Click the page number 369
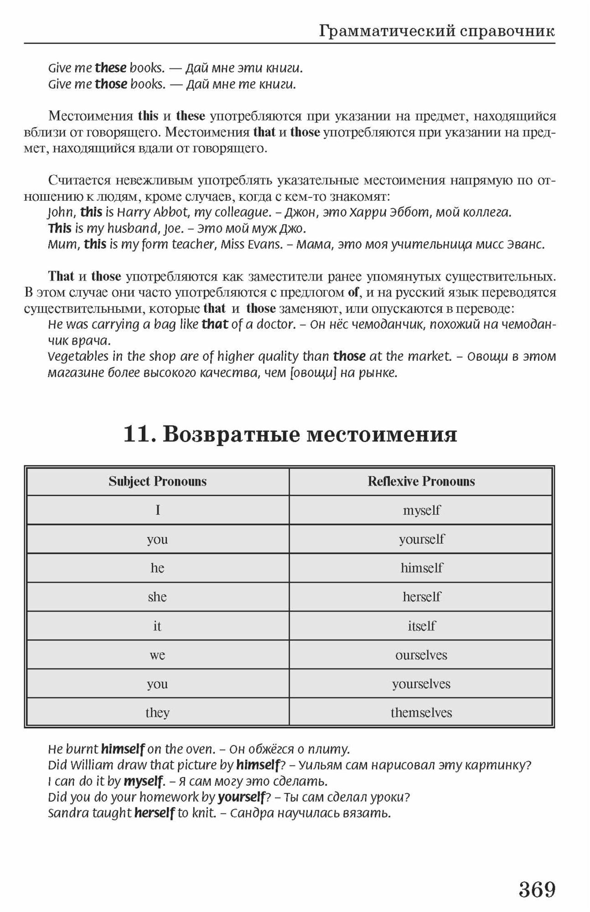(x=537, y=890)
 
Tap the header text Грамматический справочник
(x=436, y=31)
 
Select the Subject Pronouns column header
(x=157, y=482)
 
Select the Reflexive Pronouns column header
(x=421, y=482)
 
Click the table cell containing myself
(x=421, y=510)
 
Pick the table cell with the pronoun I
(x=157, y=510)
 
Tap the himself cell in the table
(x=421, y=568)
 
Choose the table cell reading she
(x=157, y=597)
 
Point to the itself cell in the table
(x=421, y=626)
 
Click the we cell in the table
(x=157, y=655)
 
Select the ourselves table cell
(x=421, y=655)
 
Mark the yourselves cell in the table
(x=421, y=684)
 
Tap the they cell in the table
(x=157, y=713)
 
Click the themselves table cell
(x=421, y=713)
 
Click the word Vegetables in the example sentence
(x=72, y=356)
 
